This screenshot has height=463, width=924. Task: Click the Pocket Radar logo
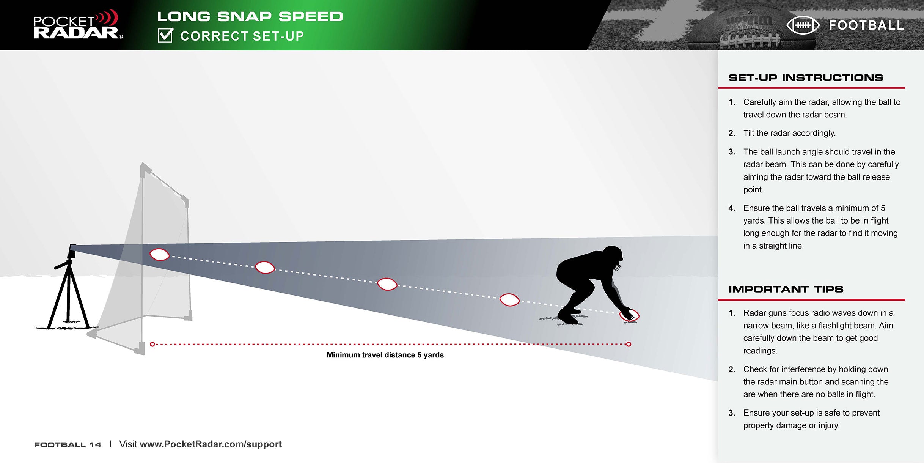(78, 25)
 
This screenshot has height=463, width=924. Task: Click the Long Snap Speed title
(250, 17)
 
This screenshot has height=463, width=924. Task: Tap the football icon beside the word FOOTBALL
(803, 25)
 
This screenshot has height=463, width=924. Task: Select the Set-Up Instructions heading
(806, 78)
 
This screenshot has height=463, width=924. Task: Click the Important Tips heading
(786, 289)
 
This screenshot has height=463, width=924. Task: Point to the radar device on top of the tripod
(72, 251)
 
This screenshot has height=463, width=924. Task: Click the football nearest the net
(159, 255)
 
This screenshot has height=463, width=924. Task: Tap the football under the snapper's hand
(629, 315)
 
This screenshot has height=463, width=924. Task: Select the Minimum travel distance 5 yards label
(385, 355)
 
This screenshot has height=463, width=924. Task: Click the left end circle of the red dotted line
(152, 344)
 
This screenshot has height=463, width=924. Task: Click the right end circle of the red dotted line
(629, 344)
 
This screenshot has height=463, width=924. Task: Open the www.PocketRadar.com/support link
(211, 444)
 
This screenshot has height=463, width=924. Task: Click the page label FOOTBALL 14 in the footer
(68, 445)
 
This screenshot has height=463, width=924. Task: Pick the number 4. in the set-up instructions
(732, 208)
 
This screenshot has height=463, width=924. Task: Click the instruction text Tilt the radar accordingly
(789, 133)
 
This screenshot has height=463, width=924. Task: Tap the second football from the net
(265, 268)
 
